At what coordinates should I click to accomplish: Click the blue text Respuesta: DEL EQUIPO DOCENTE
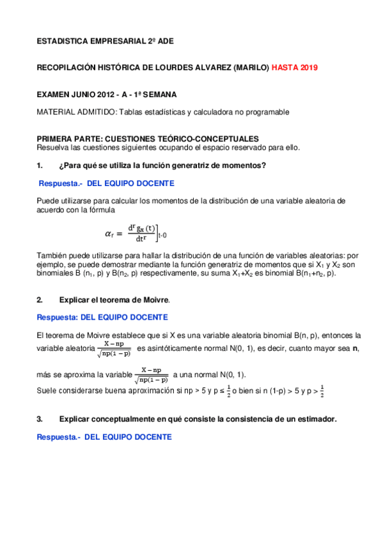102,317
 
